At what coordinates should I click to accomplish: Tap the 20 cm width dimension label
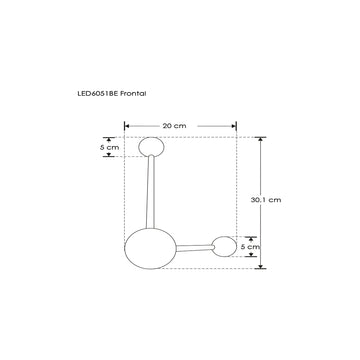[x=174, y=125]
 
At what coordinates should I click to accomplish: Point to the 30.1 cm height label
[x=265, y=200]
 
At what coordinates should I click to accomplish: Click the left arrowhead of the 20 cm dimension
[x=126, y=126]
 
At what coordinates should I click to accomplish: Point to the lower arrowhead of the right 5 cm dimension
[x=253, y=253]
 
